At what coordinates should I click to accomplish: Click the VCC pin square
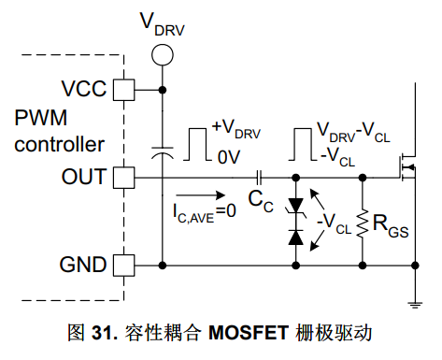(123, 90)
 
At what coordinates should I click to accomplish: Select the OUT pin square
(123, 178)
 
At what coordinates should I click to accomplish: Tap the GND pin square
(123, 266)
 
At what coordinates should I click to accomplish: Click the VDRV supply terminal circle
(163, 55)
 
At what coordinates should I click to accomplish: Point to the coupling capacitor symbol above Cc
(259, 178)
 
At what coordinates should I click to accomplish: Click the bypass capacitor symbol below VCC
(163, 152)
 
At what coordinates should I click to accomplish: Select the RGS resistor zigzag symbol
(363, 223)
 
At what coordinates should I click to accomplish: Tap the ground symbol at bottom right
(415, 305)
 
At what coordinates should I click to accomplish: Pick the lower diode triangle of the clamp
(295, 237)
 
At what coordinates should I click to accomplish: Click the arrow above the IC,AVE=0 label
(201, 195)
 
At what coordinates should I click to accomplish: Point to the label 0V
(229, 157)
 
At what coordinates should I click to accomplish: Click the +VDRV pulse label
(236, 129)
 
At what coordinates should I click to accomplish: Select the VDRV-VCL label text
(353, 132)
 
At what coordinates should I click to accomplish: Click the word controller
(59, 144)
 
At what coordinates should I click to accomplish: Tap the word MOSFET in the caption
(249, 333)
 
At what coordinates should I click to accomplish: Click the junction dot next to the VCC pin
(163, 90)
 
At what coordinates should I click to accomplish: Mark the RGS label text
(391, 226)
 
